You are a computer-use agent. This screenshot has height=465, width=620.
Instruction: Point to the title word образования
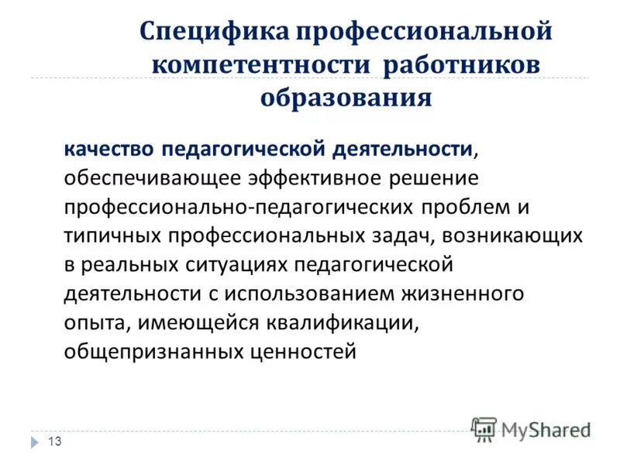[x=345, y=97]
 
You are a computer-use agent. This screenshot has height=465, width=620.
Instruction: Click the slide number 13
[x=54, y=441]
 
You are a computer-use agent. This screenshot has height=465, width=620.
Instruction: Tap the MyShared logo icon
[x=484, y=429]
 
